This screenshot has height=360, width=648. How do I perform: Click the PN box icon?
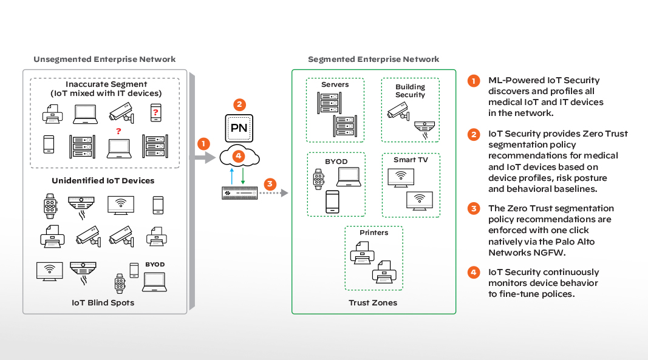pos(240,128)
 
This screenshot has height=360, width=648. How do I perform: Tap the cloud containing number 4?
pos(240,157)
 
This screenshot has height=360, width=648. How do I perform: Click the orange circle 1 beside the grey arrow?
pos(203,144)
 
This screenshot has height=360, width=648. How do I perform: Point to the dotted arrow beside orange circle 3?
pos(273,194)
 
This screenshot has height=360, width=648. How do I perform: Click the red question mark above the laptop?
pos(118,131)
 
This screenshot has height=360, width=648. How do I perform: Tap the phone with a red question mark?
pos(155,113)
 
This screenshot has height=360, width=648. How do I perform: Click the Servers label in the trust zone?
pos(335,85)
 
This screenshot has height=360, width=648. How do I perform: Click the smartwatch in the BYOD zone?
pos(318,179)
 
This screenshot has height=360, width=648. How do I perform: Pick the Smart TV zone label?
pos(411,160)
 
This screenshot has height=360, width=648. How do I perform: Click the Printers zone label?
pos(373,233)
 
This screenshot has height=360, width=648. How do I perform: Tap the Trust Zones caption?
pos(373,302)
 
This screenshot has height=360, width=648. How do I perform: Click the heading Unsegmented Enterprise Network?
pos(104,59)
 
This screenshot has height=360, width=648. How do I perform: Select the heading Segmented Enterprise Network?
pos(373,59)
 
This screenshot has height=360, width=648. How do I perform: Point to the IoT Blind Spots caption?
pos(103,302)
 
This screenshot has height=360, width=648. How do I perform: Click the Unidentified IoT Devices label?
pos(103,181)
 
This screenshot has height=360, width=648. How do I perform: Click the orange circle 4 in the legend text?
pos(473,273)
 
